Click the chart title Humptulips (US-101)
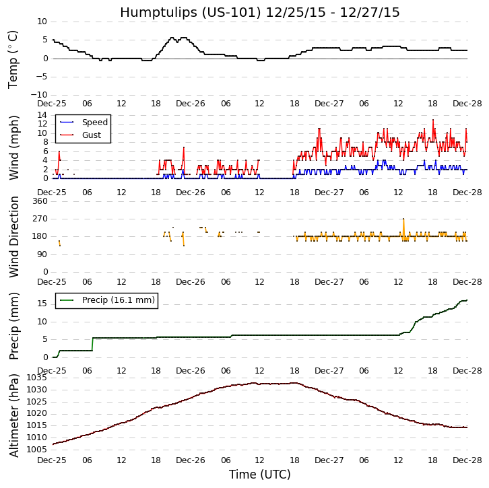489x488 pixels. coord(260,12)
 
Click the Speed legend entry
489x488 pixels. coord(94,123)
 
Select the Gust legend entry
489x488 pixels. coord(92,135)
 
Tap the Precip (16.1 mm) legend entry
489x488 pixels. coord(118,300)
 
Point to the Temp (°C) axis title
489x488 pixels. coord(13,59)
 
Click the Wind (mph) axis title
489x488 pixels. coord(13,147)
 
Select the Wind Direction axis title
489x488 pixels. coord(13,236)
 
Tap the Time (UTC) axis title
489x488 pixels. coord(260,475)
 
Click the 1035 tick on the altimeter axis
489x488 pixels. coord(37,378)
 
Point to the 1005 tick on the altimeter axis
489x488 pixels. coord(37,450)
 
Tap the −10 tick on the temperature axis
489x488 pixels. coord(38,95)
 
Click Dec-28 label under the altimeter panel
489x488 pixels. coord(467,460)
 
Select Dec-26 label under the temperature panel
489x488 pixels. coord(191,104)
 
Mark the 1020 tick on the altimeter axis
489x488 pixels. coord(37,414)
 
